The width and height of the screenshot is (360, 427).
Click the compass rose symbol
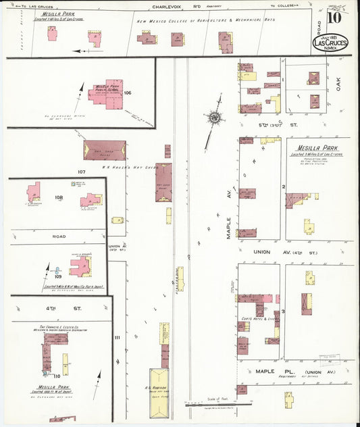click(215, 118)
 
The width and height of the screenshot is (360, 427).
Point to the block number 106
click(127, 93)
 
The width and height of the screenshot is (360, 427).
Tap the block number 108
click(59, 197)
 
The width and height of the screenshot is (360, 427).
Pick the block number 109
click(59, 276)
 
